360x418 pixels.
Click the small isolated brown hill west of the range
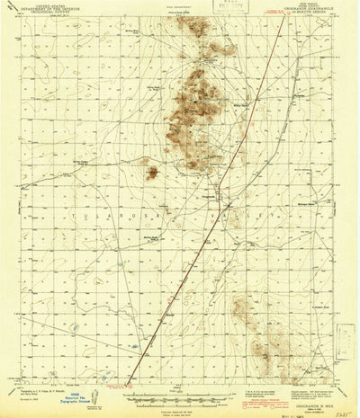(153, 170)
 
